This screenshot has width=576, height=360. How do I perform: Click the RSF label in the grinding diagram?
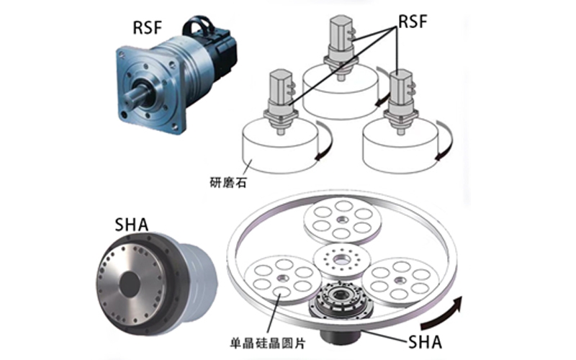(412, 22)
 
